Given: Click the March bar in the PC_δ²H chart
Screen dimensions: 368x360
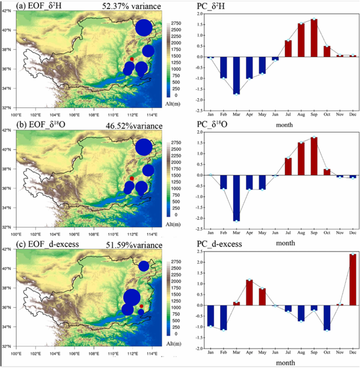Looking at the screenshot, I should [x=237, y=75].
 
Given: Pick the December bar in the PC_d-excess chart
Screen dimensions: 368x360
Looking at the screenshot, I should [x=352, y=279].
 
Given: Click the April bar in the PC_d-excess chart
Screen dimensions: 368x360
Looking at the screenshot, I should [x=249, y=292].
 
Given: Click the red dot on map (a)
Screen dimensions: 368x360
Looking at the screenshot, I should [x=132, y=60].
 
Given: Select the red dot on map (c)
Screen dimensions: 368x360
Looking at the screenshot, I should [x=141, y=306].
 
